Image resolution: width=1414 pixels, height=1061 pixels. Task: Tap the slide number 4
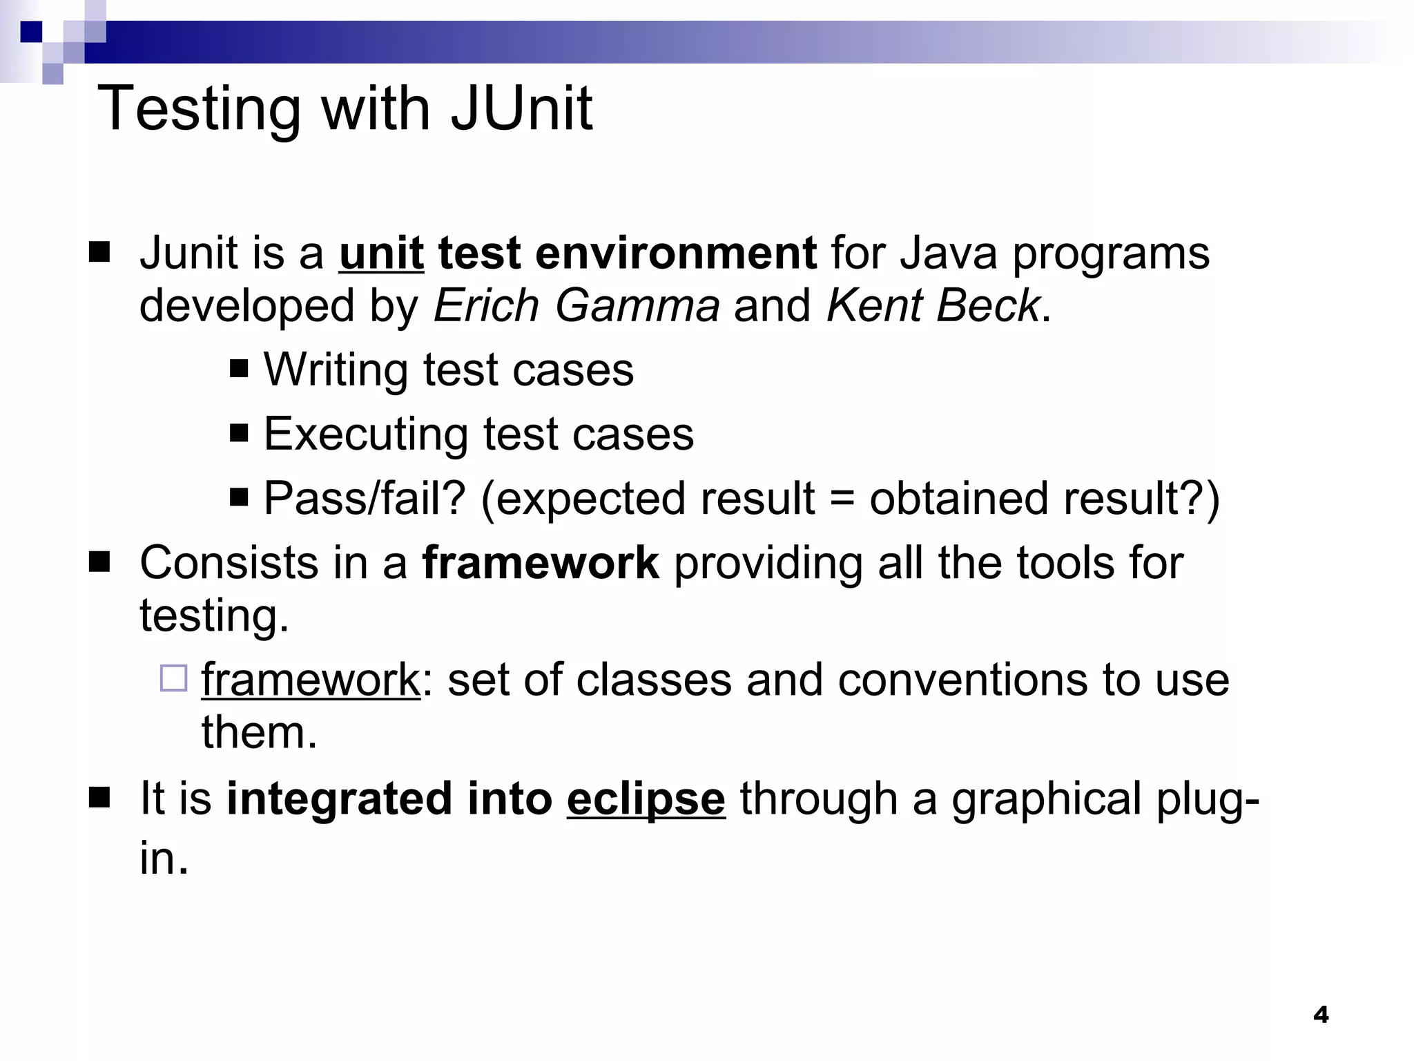(1321, 1015)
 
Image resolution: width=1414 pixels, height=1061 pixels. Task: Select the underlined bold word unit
(381, 253)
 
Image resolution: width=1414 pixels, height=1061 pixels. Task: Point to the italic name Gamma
(637, 305)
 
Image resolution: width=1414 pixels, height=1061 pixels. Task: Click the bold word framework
(541, 562)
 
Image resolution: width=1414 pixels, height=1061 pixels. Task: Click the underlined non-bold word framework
(311, 680)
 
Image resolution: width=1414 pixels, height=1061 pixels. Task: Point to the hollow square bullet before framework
(173, 678)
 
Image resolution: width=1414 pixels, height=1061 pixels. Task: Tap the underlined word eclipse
(646, 799)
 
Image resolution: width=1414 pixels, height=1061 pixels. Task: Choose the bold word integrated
(339, 799)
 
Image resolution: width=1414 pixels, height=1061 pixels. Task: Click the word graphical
(1046, 799)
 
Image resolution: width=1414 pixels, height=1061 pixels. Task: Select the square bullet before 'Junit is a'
(99, 253)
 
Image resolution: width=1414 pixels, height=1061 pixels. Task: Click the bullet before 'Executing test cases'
(239, 434)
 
